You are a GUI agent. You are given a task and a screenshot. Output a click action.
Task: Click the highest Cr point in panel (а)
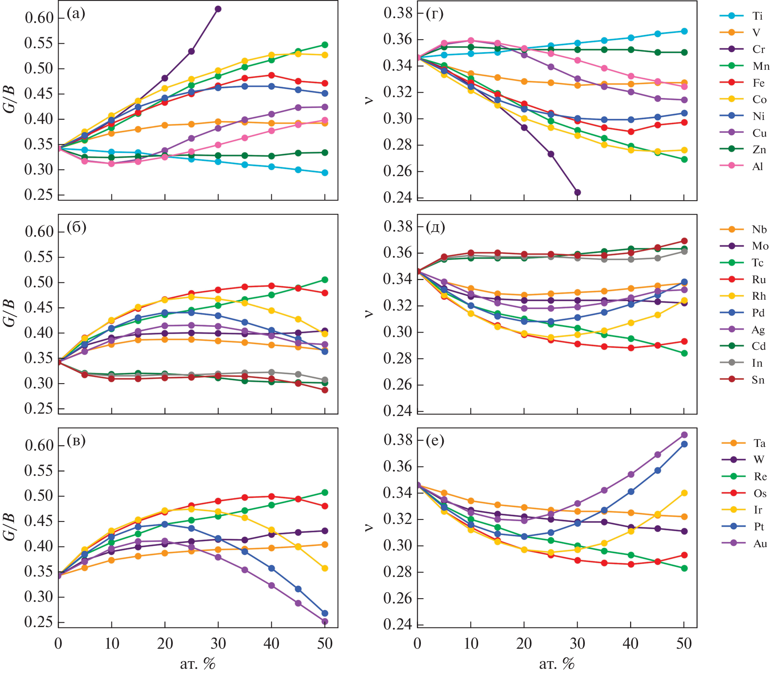click(218, 9)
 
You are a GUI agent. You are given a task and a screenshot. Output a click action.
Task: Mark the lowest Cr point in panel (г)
click(578, 193)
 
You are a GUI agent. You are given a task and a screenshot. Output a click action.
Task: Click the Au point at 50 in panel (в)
click(325, 621)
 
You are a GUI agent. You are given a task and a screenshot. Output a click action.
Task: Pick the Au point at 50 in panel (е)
click(684, 435)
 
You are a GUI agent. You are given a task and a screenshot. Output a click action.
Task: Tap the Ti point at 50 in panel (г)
click(684, 31)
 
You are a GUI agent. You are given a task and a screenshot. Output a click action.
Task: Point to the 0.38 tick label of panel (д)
click(398, 226)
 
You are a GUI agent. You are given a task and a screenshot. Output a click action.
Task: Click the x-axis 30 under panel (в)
click(218, 644)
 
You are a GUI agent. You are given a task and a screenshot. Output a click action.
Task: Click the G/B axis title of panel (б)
click(10, 313)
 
